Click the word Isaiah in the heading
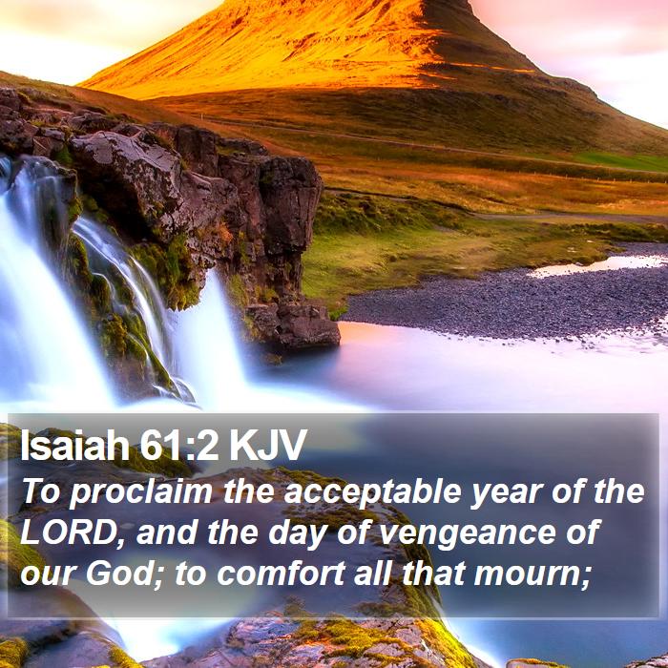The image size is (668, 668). click(x=75, y=446)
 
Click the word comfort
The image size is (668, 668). click(x=282, y=574)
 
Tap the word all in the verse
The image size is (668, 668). click(x=373, y=574)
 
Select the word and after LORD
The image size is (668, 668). click(x=167, y=532)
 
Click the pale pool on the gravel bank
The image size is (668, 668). click(x=596, y=266)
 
